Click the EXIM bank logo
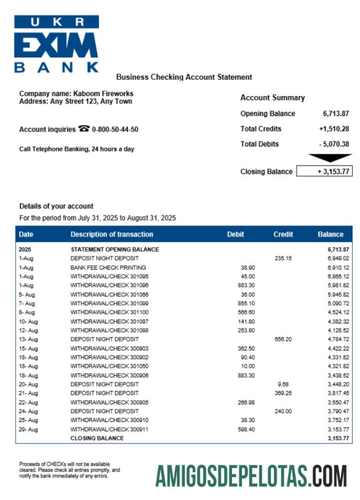tap(56, 44)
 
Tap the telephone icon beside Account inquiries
tap(84, 129)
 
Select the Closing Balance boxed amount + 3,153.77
tap(324, 171)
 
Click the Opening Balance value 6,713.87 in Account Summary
tap(336, 113)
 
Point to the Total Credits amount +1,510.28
tap(334, 129)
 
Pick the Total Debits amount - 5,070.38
tap(334, 144)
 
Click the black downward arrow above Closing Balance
tap(330, 158)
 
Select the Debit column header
tap(236, 234)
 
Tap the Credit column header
tap(283, 234)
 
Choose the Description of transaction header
tap(112, 234)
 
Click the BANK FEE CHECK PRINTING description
tap(108, 267)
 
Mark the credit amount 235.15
tap(283, 258)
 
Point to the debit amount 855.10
tap(246, 303)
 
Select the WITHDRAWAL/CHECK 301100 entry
tap(110, 312)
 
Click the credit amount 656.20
tap(283, 339)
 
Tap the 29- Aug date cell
tap(28, 429)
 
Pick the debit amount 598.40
tap(246, 429)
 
